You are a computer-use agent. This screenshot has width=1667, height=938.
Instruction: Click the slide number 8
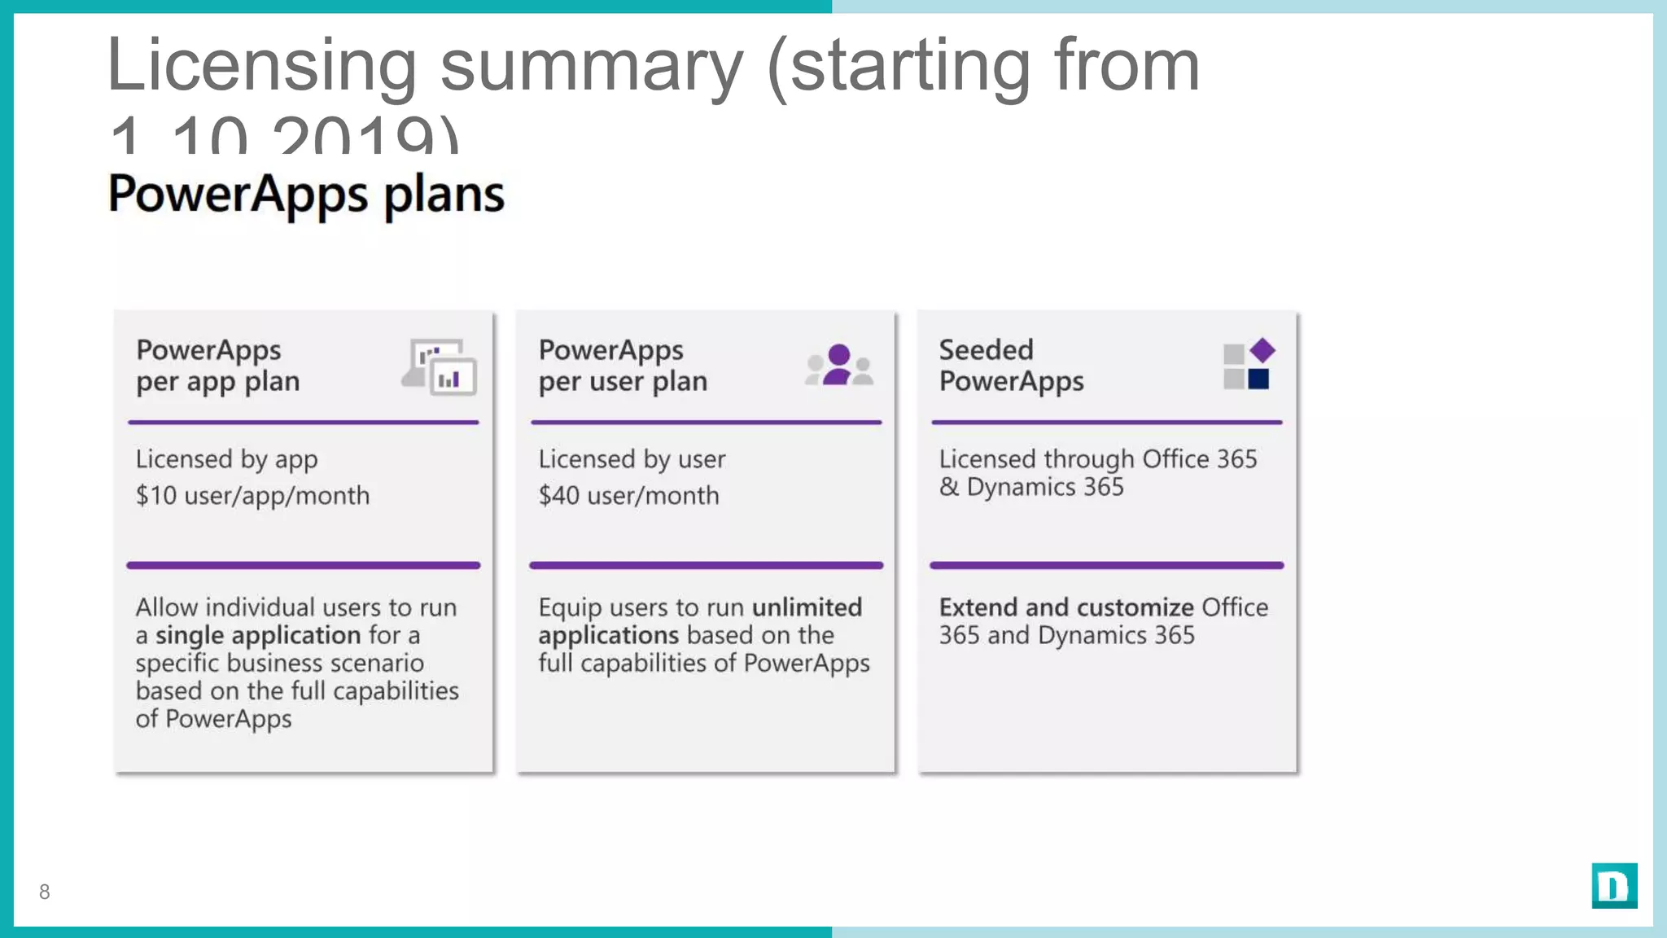pyautogui.click(x=45, y=892)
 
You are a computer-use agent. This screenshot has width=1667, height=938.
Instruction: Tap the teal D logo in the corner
pyautogui.click(x=1614, y=885)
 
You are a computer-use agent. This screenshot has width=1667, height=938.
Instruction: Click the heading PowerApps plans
pyautogui.click(x=306, y=194)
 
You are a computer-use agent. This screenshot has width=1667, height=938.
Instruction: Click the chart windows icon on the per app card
pyautogui.click(x=440, y=367)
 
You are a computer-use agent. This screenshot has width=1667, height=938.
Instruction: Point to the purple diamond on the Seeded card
pyautogui.click(x=1262, y=350)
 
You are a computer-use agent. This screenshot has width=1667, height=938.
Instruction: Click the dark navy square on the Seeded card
pyautogui.click(x=1258, y=379)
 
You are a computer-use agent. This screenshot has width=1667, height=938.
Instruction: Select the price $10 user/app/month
pyautogui.click(x=252, y=495)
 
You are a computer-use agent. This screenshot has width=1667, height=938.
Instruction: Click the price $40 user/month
pyautogui.click(x=628, y=495)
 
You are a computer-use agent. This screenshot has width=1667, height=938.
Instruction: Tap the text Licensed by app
pyautogui.click(x=226, y=459)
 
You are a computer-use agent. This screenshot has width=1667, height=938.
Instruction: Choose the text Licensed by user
pyautogui.click(x=632, y=459)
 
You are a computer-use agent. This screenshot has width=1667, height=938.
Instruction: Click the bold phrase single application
pyautogui.click(x=258, y=635)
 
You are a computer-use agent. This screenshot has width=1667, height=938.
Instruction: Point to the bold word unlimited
pyautogui.click(x=807, y=607)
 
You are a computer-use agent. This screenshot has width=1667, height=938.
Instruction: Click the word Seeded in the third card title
pyautogui.click(x=986, y=350)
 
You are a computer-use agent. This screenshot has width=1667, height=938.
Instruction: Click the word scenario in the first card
pyautogui.click(x=377, y=663)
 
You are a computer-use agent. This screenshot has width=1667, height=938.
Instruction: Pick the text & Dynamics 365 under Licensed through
pyautogui.click(x=1031, y=487)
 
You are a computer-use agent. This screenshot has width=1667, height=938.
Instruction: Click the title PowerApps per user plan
pyautogui.click(x=623, y=366)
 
